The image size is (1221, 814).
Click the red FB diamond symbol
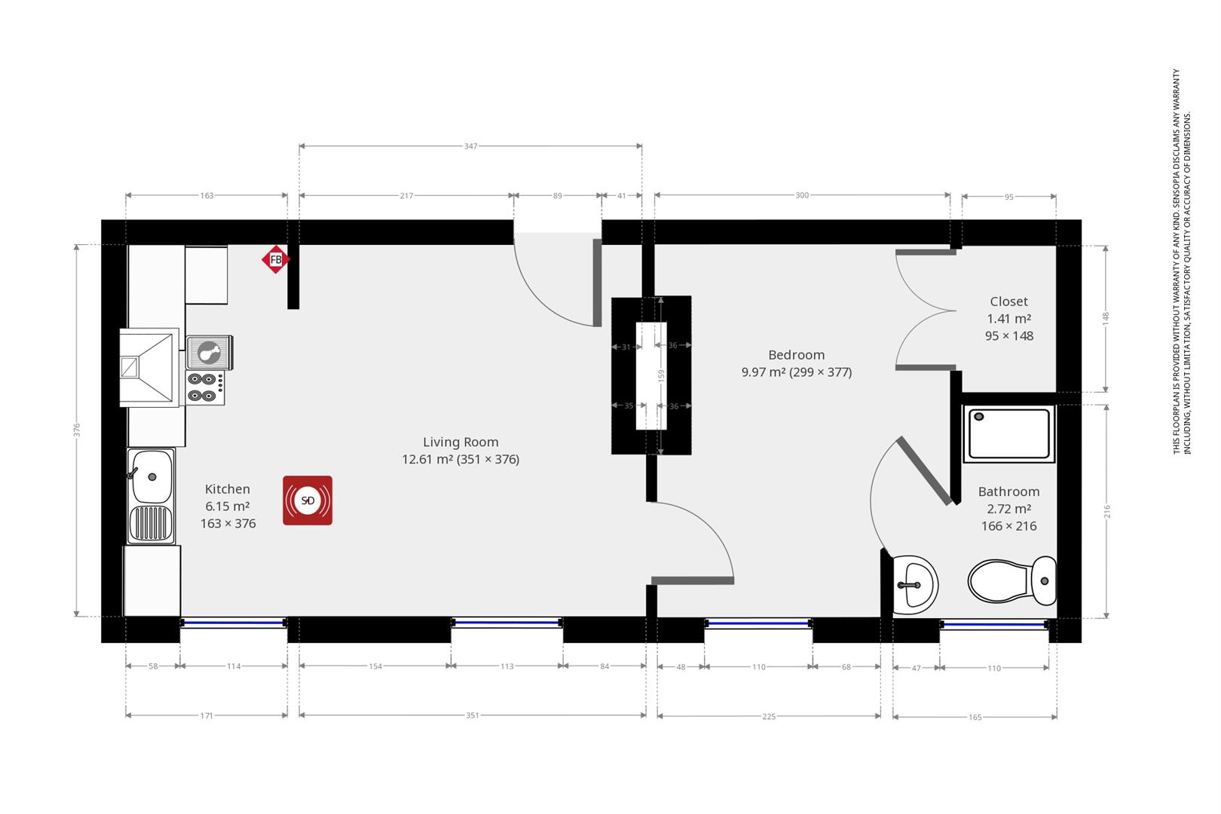click(275, 259)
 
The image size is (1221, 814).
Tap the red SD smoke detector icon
click(308, 500)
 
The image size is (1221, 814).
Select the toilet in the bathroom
click(1012, 580)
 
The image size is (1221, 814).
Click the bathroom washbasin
click(916, 584)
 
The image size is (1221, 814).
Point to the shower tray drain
click(979, 417)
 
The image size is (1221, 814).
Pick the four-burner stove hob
click(205, 387)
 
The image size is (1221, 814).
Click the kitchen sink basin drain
click(152, 477)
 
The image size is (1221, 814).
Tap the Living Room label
click(461, 442)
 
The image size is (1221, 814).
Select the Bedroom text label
click(797, 355)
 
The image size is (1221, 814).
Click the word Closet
click(1009, 301)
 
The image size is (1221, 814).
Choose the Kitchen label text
click(228, 489)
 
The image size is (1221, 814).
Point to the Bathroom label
click(1009, 491)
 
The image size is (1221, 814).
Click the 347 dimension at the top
click(471, 146)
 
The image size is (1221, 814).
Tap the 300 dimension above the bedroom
click(802, 195)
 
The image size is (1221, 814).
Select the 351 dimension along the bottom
click(472, 715)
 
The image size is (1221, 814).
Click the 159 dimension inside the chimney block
click(661, 375)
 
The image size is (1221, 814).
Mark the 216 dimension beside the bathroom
click(1106, 512)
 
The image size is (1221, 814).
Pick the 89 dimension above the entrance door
click(557, 196)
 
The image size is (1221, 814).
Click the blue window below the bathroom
click(993, 624)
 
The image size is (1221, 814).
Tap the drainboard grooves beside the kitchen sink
click(151, 523)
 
